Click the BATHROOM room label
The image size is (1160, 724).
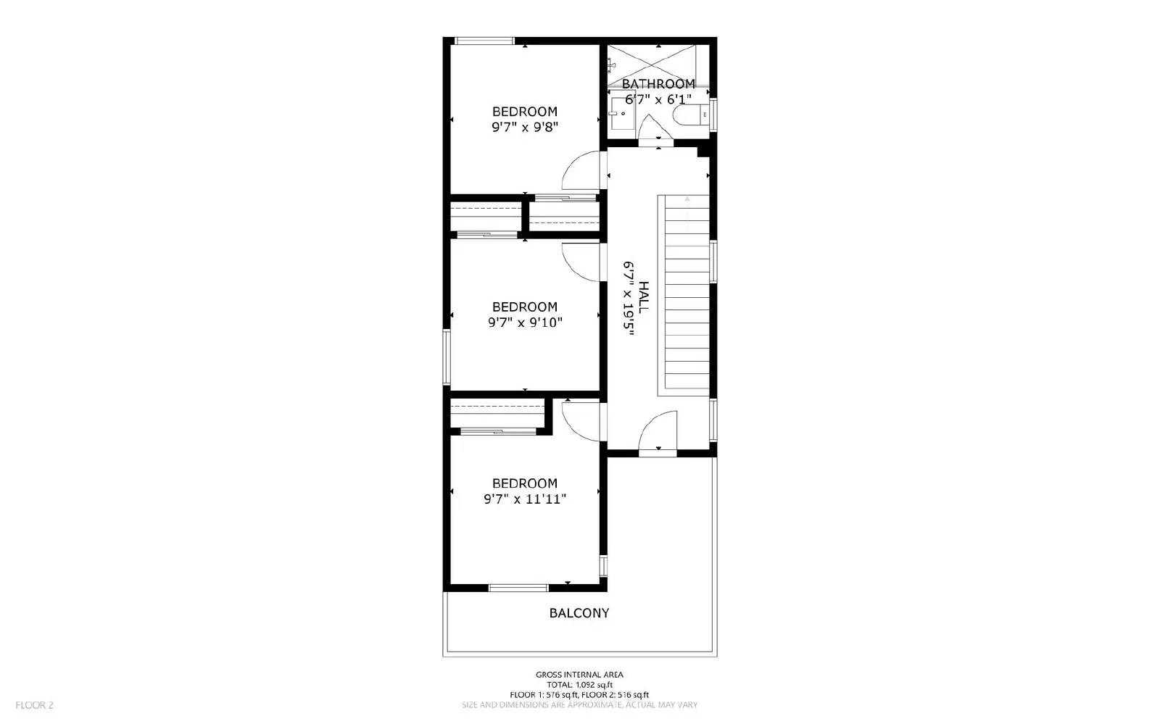pos(658,84)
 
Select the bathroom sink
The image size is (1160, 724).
pos(623,113)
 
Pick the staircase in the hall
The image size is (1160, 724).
pos(684,294)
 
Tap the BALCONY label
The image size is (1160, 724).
pos(579,613)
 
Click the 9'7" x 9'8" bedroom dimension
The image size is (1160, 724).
pos(525,128)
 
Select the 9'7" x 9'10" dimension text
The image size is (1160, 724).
pos(525,323)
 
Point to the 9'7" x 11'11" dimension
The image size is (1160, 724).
pos(525,499)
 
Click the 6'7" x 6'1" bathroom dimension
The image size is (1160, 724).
pos(658,100)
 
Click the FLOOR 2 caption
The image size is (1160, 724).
pos(35,705)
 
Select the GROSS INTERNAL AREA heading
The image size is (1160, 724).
pos(579,675)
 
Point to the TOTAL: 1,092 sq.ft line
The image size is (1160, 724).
pos(579,685)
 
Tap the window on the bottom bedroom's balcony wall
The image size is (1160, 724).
pos(518,587)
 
